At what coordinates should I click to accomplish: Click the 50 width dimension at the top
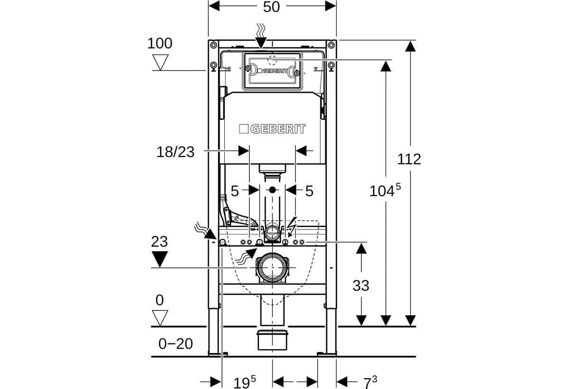[271, 7]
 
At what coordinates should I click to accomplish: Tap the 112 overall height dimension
[409, 159]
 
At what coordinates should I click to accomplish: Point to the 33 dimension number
[361, 286]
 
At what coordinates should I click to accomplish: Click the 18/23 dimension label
[175, 152]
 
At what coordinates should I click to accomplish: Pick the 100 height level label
[160, 44]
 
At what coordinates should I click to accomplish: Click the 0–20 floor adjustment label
[175, 344]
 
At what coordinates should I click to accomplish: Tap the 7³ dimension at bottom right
[370, 382]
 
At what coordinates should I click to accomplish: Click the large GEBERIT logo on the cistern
[272, 129]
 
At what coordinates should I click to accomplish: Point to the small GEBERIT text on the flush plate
[272, 71]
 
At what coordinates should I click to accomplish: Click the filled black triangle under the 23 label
[160, 259]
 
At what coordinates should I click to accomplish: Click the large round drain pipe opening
[272, 268]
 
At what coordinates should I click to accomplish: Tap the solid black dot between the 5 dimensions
[272, 190]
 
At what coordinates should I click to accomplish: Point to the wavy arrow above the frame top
[261, 36]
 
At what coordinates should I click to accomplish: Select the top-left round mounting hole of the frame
[213, 45]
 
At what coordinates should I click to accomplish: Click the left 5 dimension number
[235, 191]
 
